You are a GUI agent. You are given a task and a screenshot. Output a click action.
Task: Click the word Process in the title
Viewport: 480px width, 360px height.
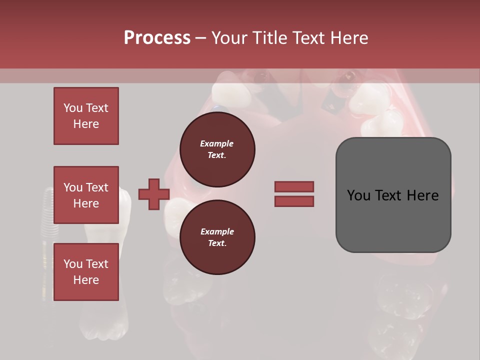(157, 37)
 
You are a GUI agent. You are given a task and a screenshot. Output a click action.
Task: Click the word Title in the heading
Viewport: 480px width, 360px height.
(268, 37)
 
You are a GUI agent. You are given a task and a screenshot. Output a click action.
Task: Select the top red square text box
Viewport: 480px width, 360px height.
(86, 116)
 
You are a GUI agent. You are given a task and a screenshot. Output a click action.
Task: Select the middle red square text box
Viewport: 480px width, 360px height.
(86, 195)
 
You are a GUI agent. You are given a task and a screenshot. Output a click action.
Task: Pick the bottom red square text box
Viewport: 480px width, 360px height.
(86, 272)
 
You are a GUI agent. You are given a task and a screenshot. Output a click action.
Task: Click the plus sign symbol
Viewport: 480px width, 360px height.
(154, 194)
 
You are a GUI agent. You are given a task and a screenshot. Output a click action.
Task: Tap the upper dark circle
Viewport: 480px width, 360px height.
(217, 149)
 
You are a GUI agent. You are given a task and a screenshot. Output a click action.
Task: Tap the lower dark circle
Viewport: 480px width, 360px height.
(217, 237)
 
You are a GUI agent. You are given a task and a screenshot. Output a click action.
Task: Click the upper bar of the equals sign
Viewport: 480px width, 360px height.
(294, 187)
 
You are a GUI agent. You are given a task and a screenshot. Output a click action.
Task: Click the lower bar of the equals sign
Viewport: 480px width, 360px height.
(294, 201)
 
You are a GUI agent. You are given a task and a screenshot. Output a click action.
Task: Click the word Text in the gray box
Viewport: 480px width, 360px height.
(393, 195)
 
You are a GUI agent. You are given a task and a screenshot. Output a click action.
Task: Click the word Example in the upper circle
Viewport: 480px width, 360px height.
(217, 143)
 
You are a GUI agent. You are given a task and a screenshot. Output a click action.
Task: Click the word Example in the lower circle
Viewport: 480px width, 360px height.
(217, 231)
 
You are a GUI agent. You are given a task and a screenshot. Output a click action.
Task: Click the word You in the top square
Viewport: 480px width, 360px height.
(72, 108)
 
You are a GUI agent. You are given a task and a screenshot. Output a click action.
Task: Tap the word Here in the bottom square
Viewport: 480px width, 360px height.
(86, 280)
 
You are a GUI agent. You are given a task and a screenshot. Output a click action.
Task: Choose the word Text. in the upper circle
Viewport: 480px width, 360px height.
(217, 155)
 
